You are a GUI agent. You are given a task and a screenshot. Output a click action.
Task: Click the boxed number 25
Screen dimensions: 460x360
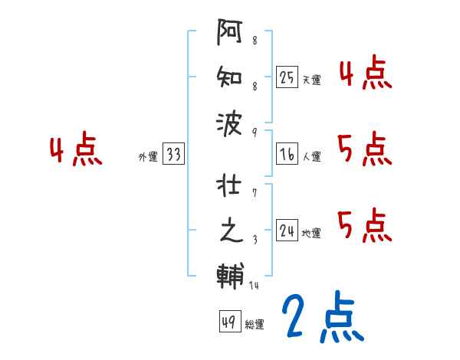tap(287, 77)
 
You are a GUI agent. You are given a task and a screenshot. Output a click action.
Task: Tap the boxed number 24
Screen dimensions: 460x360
tap(287, 231)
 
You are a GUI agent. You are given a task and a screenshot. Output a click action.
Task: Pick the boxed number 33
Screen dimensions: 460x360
tap(173, 155)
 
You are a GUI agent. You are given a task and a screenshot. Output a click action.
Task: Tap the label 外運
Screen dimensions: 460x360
tap(148, 157)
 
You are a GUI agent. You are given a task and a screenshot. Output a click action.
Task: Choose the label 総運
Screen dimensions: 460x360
tap(255, 323)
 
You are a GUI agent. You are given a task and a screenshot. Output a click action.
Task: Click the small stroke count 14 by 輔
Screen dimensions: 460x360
tap(255, 286)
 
